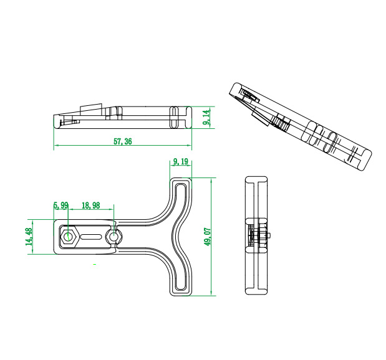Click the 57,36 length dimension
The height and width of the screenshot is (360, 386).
click(123, 141)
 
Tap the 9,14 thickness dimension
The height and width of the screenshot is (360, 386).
click(207, 117)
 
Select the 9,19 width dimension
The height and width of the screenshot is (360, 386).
click(181, 161)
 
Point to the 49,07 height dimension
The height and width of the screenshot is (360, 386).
click(207, 237)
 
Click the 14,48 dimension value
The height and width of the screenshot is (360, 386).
click(29, 237)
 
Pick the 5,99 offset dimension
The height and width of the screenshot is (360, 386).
click(61, 206)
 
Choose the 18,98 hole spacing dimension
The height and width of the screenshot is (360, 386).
click(91, 206)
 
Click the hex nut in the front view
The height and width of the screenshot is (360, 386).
click(69, 237)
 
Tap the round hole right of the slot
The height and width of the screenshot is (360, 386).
click(113, 237)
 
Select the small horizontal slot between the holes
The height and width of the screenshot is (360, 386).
click(91, 237)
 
